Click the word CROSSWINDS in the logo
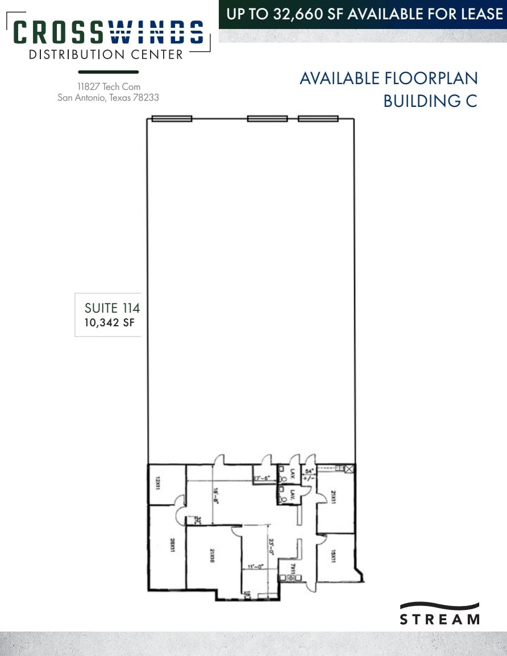click(108, 32)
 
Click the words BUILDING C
click(430, 101)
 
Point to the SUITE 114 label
click(112, 308)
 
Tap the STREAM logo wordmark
click(439, 618)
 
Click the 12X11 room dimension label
click(156, 484)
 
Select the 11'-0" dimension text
click(255, 566)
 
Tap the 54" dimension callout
click(310, 472)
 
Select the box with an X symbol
click(349, 469)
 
